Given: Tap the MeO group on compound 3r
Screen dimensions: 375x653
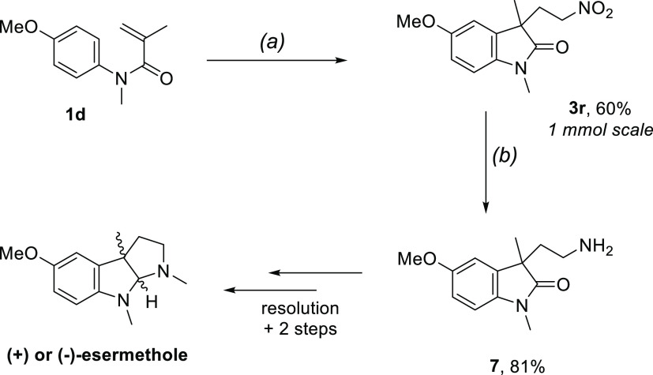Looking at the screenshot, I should coord(415,39).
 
